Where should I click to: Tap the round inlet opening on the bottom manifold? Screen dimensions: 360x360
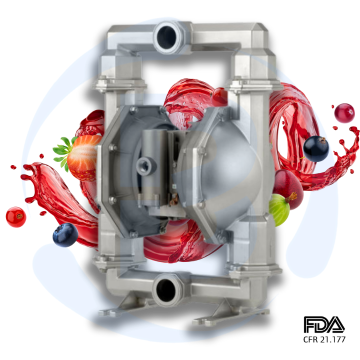coord(167,289)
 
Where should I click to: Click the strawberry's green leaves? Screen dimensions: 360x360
coord(63,150)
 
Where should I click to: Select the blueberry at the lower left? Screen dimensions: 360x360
coord(65,235)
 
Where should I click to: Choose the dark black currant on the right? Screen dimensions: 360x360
coord(316,148)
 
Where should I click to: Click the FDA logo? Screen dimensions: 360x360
coord(324,325)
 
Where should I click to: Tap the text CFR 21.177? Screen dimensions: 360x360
coord(324,340)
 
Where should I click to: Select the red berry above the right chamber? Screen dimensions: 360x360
coord(219,96)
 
